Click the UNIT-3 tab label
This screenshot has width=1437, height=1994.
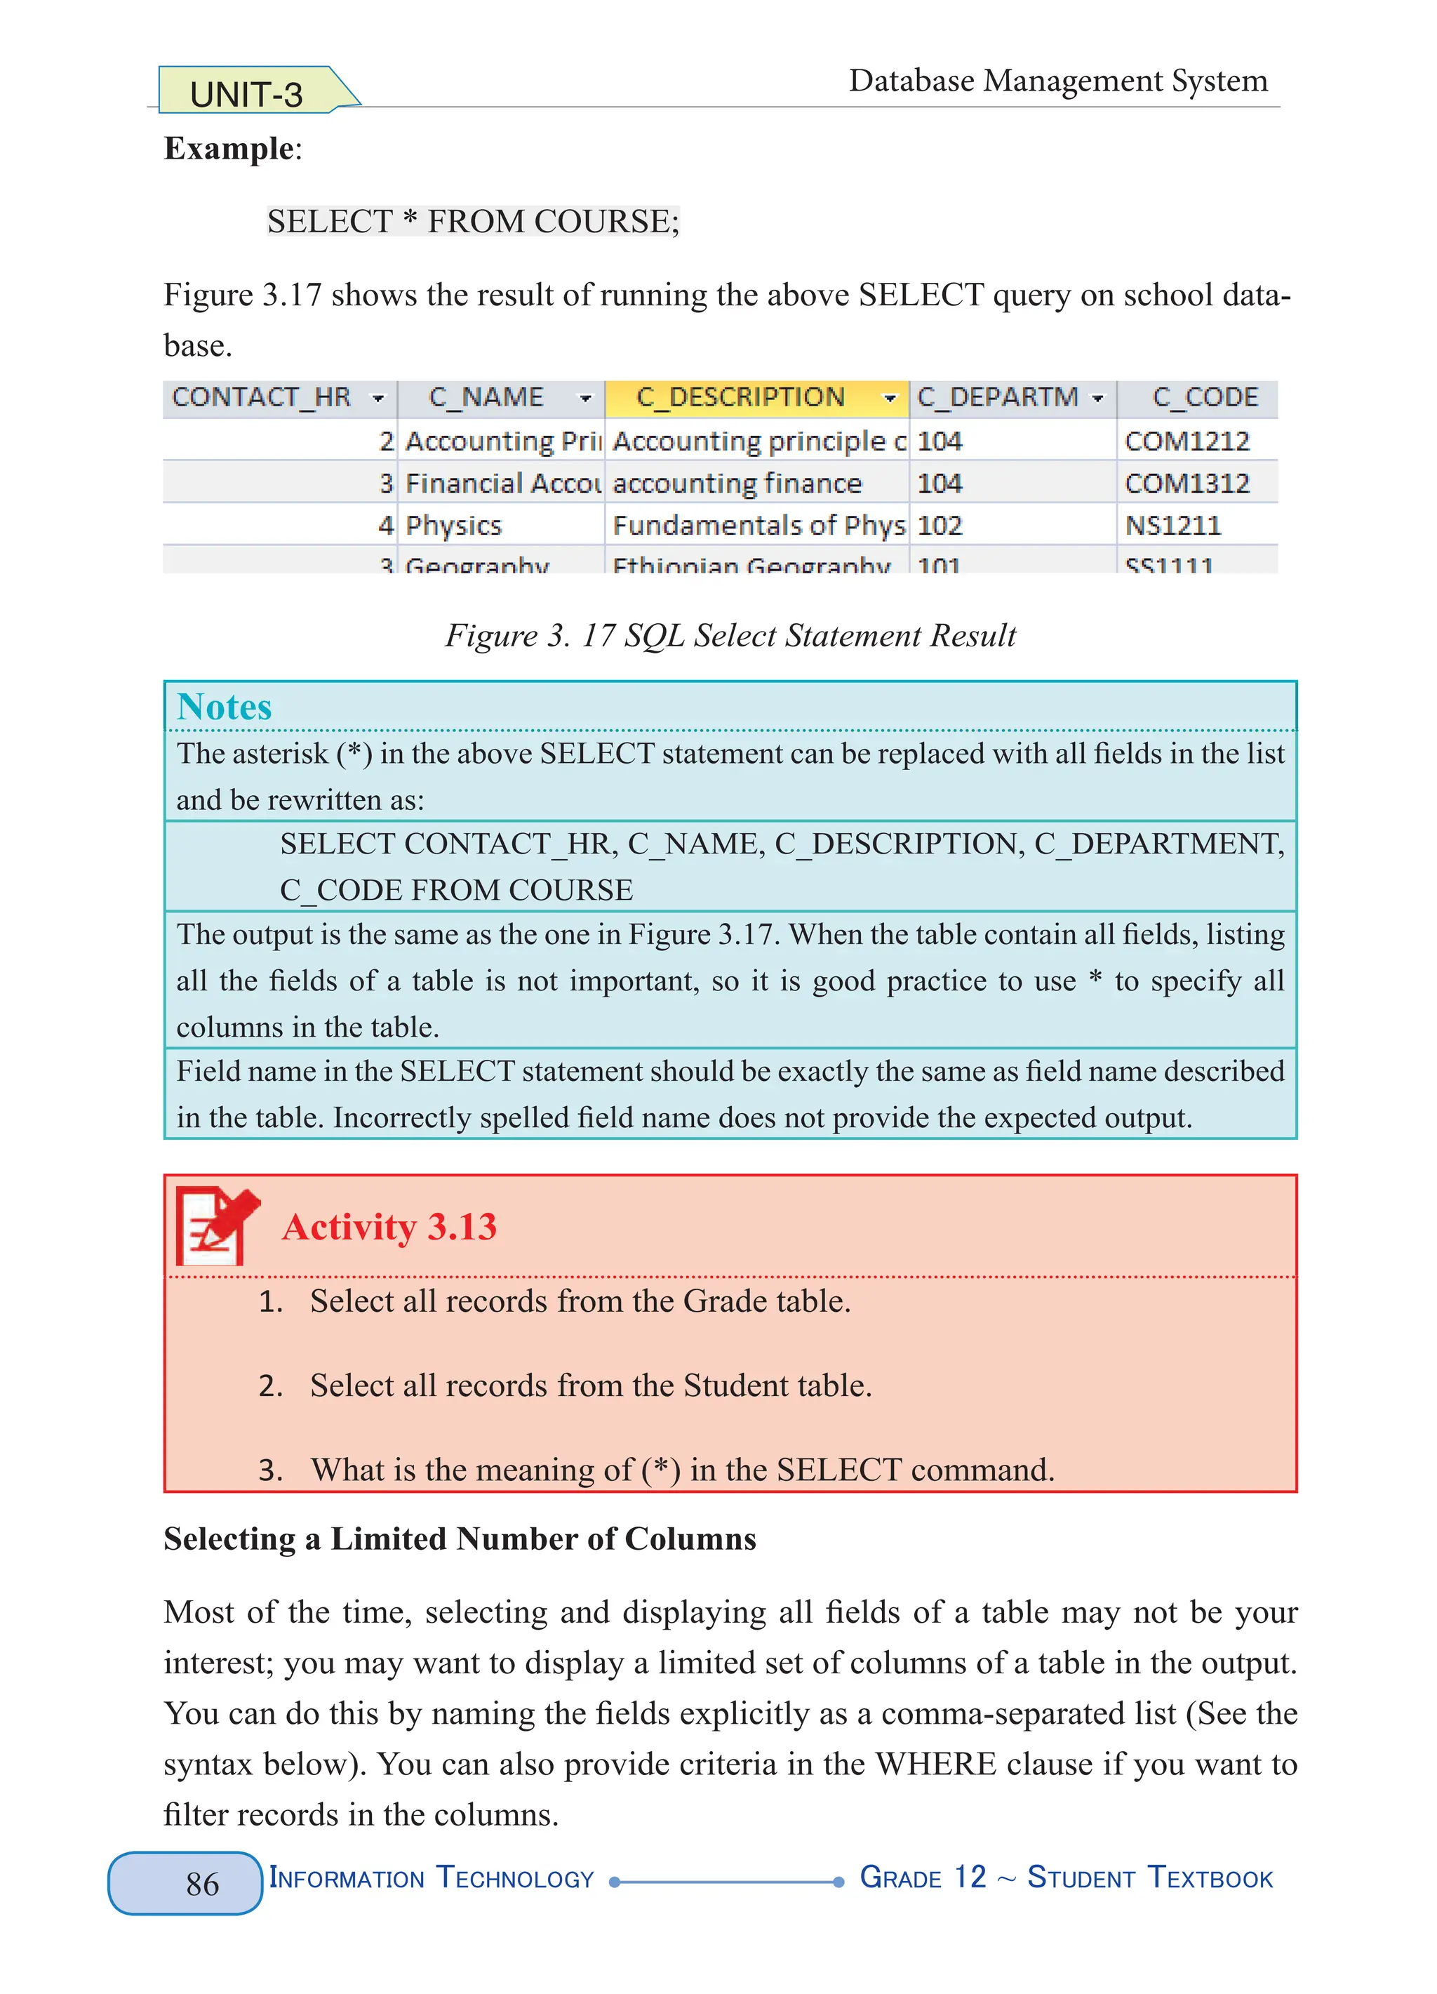(246, 94)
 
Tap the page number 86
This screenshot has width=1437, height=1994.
(202, 1883)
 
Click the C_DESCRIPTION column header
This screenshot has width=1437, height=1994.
(740, 397)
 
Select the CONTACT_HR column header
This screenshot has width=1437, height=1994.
(261, 397)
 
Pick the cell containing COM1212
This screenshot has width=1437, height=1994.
(1187, 441)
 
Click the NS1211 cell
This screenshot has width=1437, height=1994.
(1172, 526)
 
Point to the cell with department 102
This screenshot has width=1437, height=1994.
(940, 526)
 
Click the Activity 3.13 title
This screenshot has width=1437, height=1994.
(389, 1226)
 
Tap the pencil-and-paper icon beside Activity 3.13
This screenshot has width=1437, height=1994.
(216, 1225)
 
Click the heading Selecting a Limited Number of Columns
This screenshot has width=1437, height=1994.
(460, 1539)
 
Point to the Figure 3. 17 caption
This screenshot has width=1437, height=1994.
(730, 634)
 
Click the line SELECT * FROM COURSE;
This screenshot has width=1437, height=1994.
(474, 222)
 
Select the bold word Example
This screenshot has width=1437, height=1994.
(229, 147)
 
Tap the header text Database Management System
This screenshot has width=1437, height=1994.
(1058, 81)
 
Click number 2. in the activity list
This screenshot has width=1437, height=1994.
(271, 1386)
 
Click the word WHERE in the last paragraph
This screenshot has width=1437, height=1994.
(935, 1764)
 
